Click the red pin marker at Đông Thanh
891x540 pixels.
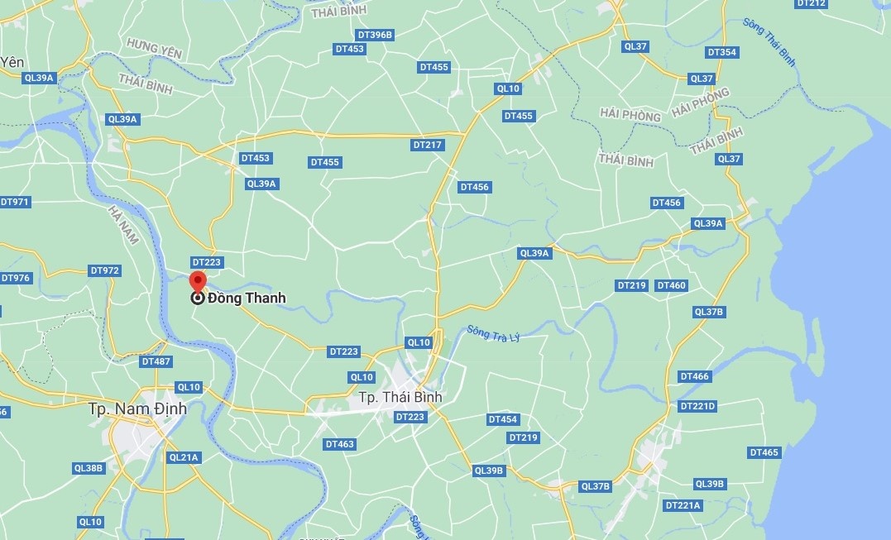197,281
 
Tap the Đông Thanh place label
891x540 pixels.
247,299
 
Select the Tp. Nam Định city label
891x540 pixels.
138,409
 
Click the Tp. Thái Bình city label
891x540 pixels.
400,397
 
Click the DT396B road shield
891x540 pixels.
375,35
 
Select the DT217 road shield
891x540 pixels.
428,145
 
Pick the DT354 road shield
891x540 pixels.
721,52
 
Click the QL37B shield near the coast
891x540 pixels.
709,312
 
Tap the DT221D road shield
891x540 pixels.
697,406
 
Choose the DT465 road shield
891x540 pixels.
764,452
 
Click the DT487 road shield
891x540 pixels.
156,361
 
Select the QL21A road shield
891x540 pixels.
184,457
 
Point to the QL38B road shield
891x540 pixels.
89,468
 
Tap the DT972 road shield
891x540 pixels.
105,270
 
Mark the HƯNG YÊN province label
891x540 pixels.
154,47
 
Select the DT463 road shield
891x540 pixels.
339,444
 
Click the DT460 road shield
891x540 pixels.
671,285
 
